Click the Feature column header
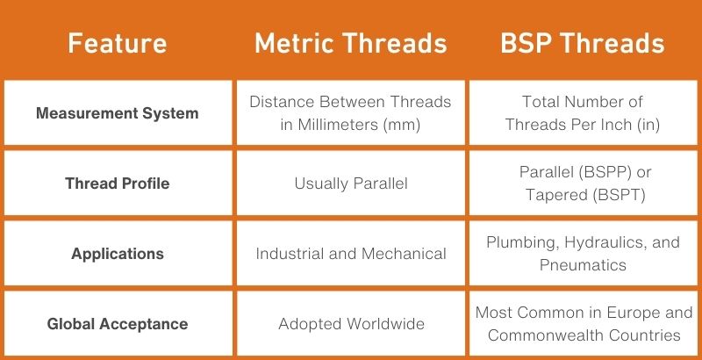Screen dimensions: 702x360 click(118, 43)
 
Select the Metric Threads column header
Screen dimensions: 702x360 click(351, 43)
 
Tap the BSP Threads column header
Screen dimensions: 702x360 click(583, 43)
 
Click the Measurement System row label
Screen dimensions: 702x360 click(118, 113)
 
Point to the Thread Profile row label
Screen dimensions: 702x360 click(118, 184)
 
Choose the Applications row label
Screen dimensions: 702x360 click(118, 254)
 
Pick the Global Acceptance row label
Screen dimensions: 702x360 click(118, 324)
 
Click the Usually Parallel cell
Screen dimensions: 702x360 click(351, 184)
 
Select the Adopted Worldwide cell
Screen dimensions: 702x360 click(352, 324)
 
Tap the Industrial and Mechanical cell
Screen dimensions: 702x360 click(351, 254)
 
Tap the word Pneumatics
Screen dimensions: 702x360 click(583, 265)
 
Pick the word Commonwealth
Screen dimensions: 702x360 click(546, 335)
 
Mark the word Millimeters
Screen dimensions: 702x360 click(338, 125)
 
